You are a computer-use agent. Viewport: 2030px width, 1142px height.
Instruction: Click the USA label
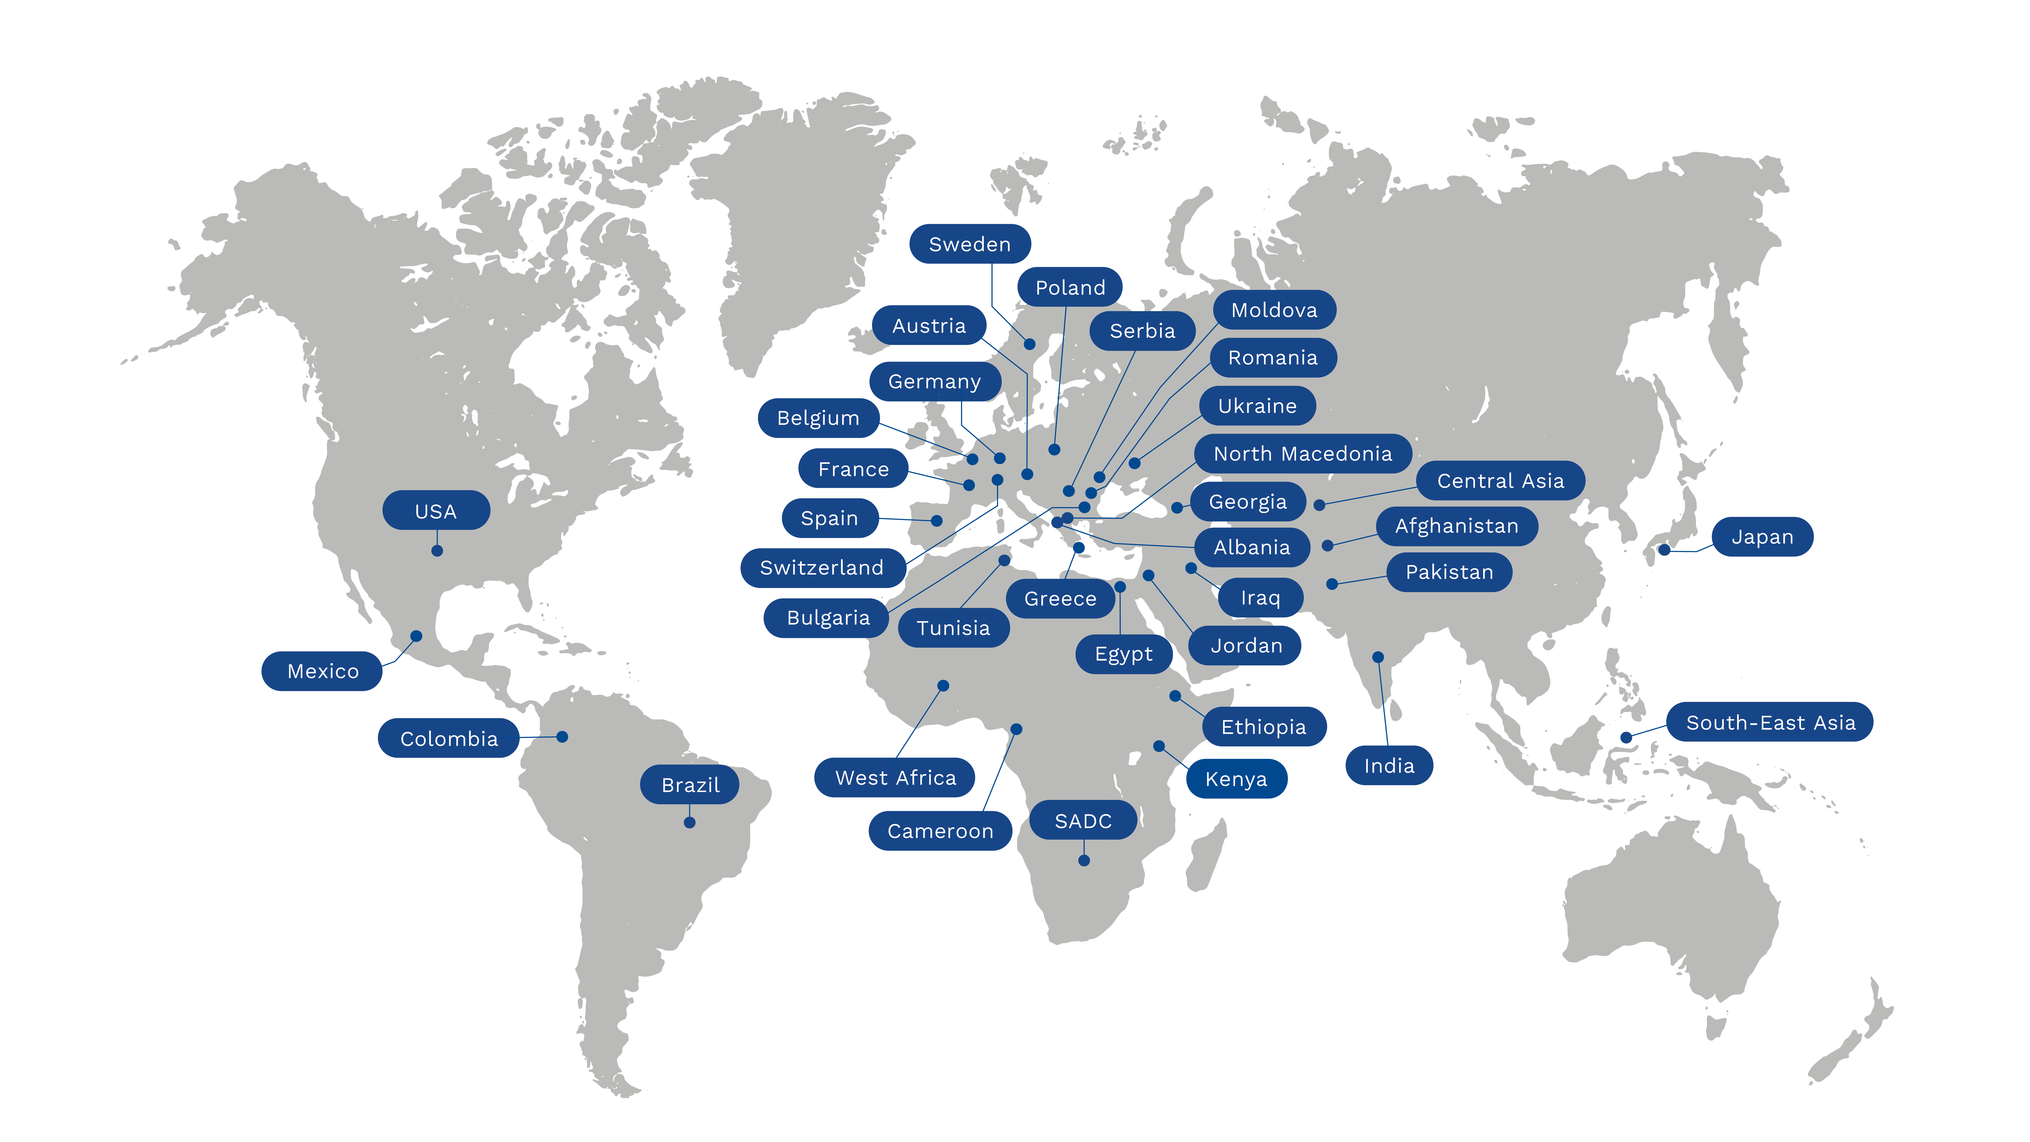[436, 511]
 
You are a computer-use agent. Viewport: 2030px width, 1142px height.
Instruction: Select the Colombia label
[448, 738]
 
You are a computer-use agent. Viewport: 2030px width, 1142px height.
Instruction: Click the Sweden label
[969, 244]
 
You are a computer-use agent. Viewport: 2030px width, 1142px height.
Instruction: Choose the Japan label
[1762, 537]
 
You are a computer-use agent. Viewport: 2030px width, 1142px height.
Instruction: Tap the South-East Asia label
[1770, 722]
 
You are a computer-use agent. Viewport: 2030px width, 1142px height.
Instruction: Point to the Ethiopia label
[1263, 727]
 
